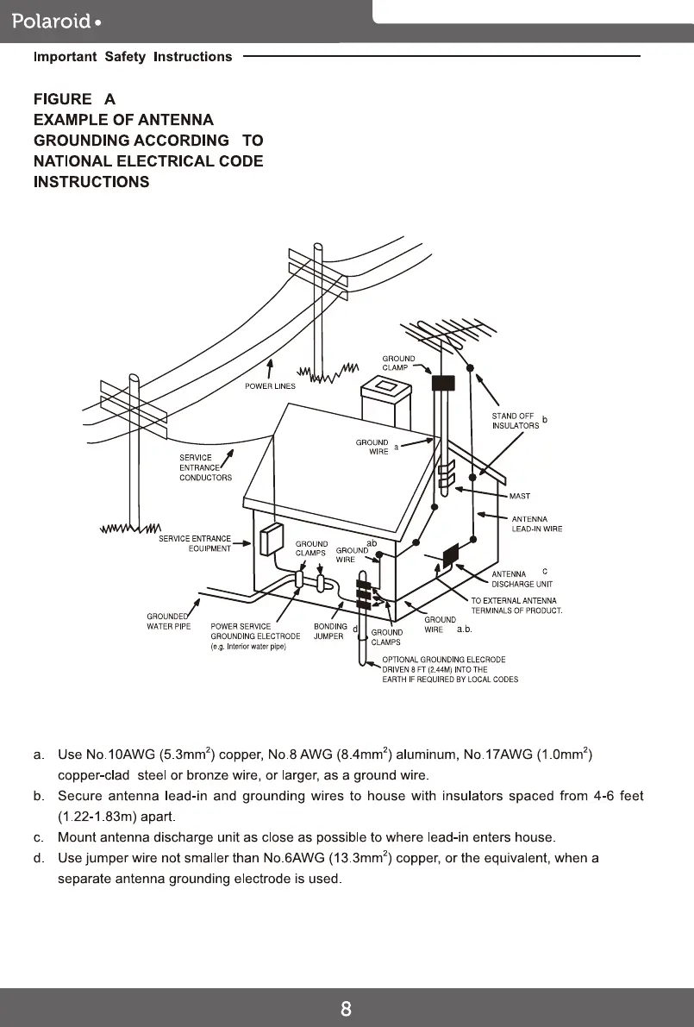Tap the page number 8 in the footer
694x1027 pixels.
click(346, 1009)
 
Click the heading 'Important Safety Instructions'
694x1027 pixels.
click(133, 57)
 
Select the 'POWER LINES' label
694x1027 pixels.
click(270, 386)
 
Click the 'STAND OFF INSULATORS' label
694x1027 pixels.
click(516, 421)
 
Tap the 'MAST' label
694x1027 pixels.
click(520, 496)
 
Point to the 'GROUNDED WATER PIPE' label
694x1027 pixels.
click(168, 621)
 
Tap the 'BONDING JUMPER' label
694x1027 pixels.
click(330, 631)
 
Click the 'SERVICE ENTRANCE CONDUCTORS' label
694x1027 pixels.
click(205, 467)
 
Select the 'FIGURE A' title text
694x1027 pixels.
click(74, 98)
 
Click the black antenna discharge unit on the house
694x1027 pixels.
click(449, 554)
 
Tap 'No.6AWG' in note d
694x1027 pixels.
click(309, 859)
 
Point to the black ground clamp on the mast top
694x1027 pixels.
click(442, 382)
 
